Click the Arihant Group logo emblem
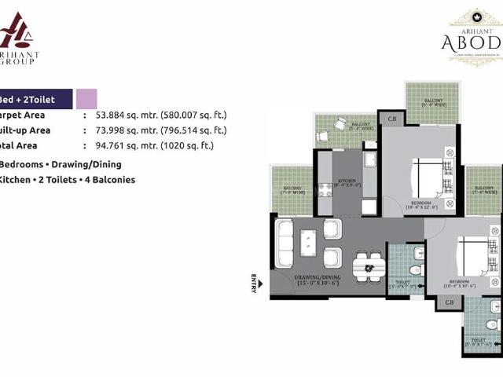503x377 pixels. [17, 32]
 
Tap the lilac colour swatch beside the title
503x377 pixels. [86, 99]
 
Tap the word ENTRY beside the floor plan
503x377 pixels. [254, 283]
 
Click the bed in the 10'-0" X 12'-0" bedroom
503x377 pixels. [429, 178]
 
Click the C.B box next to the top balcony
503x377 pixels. [391, 119]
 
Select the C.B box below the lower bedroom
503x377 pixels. [450, 302]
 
